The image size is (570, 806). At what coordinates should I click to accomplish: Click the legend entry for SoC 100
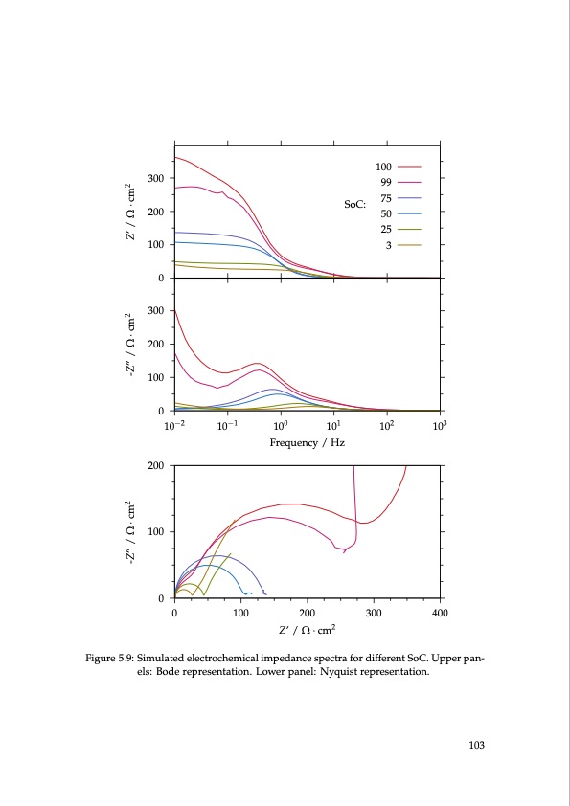point(384,168)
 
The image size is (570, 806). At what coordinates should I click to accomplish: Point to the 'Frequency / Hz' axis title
point(307,443)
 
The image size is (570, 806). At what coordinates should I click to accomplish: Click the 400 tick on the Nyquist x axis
point(440,612)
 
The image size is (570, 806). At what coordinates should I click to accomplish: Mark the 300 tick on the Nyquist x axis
point(374,612)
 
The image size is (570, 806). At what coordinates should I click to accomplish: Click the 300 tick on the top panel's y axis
point(154,178)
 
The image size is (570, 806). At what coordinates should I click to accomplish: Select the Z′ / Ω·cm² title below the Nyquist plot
point(307,630)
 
